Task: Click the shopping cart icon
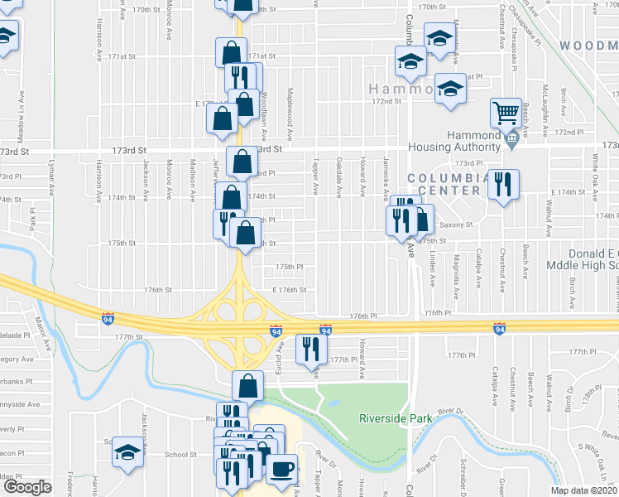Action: click(x=506, y=111)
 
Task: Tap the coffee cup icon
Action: click(x=281, y=469)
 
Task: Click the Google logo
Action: click(x=27, y=487)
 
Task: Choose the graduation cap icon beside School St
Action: click(x=127, y=451)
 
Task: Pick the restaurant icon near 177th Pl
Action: click(x=310, y=348)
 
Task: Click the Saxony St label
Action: click(x=455, y=224)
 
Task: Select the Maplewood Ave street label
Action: click(x=290, y=114)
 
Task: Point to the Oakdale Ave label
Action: click(x=339, y=178)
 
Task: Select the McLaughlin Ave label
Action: click(x=545, y=111)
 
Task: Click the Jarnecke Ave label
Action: click(x=386, y=178)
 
